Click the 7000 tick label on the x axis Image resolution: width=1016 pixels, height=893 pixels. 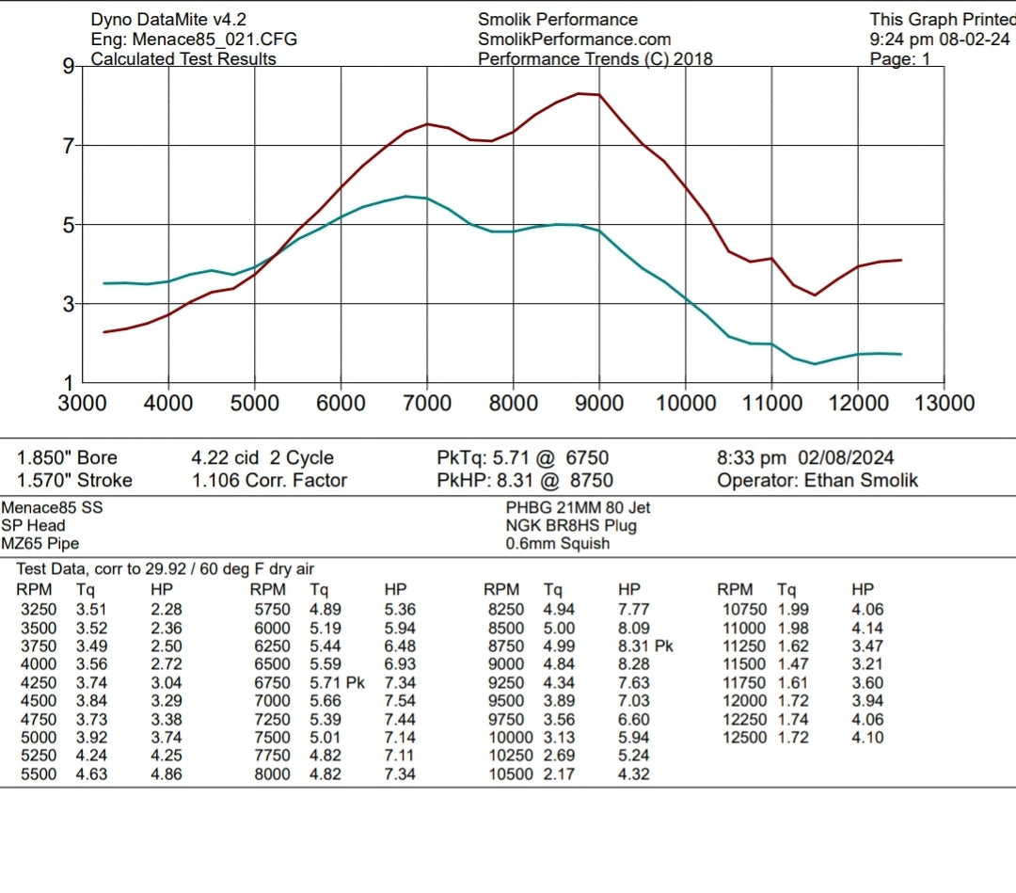click(427, 404)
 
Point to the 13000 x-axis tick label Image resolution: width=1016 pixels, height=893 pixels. click(944, 404)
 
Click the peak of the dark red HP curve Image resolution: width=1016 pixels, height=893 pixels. click(579, 93)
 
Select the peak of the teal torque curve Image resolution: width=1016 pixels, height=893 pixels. click(405, 196)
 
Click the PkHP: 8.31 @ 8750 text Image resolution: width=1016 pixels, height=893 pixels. click(524, 481)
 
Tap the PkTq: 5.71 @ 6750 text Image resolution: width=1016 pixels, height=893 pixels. click(523, 458)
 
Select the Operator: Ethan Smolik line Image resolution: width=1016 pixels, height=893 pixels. click(817, 481)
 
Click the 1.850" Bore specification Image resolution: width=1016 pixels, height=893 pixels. click(68, 458)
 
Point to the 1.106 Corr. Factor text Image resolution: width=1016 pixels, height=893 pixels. click(269, 481)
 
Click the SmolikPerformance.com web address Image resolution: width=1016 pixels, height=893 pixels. click(574, 40)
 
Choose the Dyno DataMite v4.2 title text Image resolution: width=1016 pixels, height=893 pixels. click(170, 20)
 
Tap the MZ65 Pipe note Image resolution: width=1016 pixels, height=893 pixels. click(40, 544)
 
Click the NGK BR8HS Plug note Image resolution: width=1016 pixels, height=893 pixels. click(571, 526)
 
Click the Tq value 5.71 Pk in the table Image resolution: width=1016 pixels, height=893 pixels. click(336, 683)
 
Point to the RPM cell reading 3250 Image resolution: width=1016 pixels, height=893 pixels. click(39, 610)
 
